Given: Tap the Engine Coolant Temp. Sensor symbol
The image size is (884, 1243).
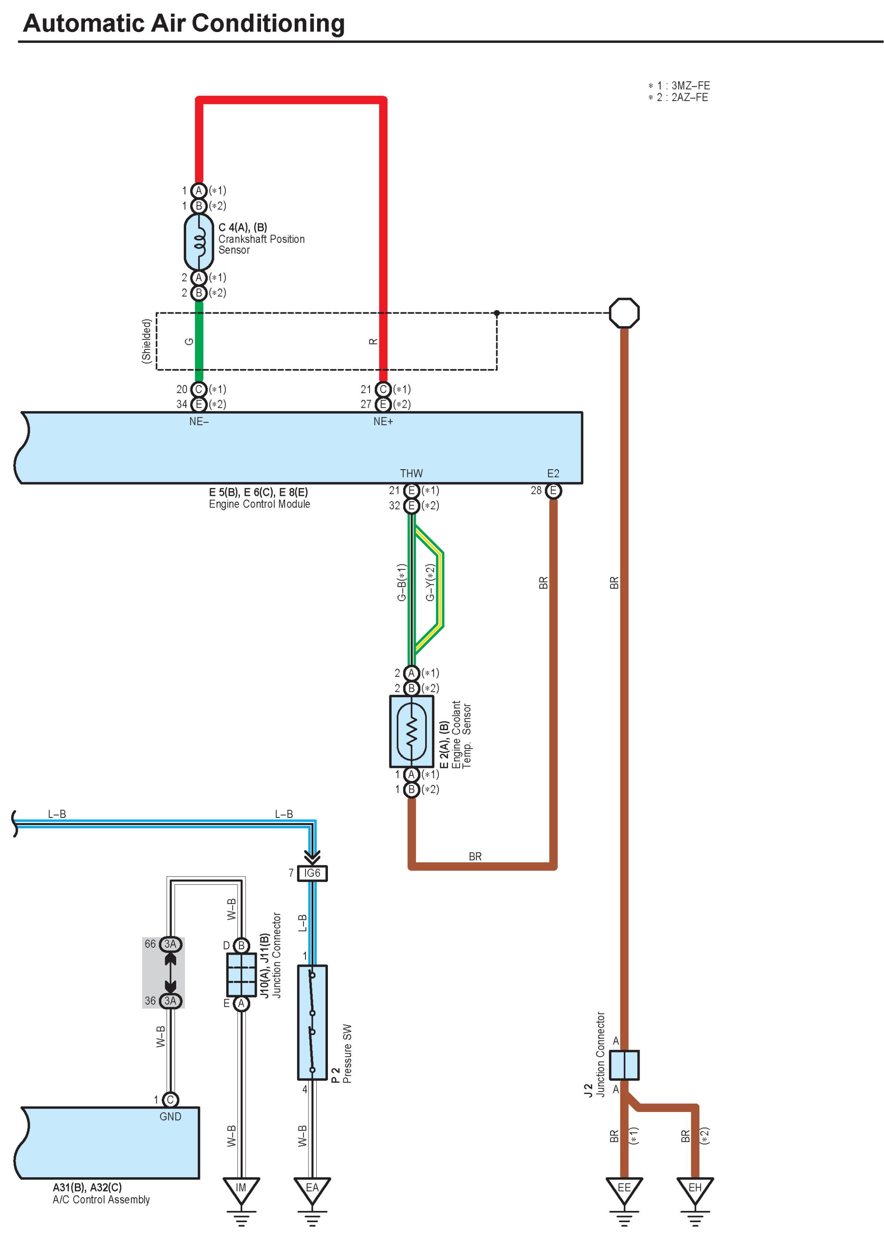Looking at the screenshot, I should point(411,731).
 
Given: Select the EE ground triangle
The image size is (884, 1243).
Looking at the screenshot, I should point(624,1189).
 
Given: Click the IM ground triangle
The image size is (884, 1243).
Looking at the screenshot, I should point(241,1189).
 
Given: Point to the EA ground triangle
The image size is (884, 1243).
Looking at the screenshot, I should point(312,1189).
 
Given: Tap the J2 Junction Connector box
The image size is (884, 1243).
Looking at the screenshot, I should point(624,1065).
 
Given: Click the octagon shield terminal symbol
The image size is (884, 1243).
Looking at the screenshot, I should point(624,313).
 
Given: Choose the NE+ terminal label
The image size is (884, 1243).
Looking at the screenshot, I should point(383,421).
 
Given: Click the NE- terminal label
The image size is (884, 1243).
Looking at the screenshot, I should point(199,421).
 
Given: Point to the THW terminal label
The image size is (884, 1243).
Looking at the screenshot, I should point(411,473).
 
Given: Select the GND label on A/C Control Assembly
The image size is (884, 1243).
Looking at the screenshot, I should point(170,1117).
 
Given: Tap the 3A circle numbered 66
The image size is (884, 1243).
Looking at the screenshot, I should point(170,944).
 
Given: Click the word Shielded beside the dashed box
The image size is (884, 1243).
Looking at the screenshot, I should point(146,341).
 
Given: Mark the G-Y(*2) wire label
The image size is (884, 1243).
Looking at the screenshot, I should point(430,582).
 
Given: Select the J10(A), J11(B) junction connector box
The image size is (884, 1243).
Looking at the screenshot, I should point(241,974).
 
